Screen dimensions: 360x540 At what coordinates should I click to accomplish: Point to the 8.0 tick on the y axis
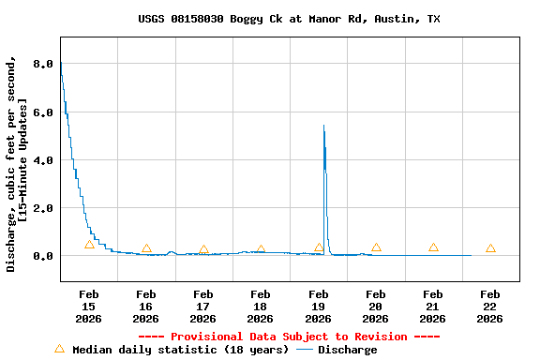[43, 65]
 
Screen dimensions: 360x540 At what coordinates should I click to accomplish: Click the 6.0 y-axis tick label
[43, 112]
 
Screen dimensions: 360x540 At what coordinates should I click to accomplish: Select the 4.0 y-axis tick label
[43, 160]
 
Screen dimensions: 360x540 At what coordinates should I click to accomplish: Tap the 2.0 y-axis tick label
[43, 208]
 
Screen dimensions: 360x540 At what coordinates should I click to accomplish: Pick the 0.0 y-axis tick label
[43, 256]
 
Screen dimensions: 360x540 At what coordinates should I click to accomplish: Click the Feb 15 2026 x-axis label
[88, 307]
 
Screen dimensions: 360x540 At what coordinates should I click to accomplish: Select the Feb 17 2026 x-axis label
[203, 307]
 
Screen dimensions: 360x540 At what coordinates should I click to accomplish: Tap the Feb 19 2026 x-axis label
[319, 307]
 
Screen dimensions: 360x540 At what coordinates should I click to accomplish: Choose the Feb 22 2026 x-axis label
[490, 307]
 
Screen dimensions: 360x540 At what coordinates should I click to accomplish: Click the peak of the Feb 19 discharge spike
[323, 126]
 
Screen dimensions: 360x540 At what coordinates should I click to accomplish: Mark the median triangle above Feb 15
[89, 245]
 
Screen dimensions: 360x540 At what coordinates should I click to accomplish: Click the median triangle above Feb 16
[146, 248]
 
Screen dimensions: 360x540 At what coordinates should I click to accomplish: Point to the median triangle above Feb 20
[376, 247]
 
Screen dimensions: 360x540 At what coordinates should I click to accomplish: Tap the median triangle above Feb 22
[490, 248]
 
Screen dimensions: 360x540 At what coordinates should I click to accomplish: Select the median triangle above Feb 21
[433, 247]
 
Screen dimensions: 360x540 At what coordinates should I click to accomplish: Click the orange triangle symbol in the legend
[59, 349]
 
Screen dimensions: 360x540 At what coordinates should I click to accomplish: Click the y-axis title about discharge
[16, 164]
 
